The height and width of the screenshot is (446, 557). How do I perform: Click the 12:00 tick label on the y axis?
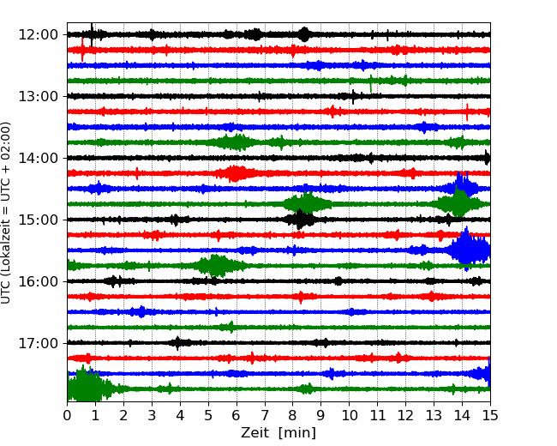[38, 35]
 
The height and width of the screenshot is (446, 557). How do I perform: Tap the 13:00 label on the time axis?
[38, 96]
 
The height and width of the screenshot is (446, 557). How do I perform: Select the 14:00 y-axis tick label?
[38, 158]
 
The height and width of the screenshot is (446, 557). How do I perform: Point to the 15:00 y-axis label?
[38, 220]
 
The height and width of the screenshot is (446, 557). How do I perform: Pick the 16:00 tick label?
[38, 281]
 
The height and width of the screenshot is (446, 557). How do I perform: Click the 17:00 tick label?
[38, 343]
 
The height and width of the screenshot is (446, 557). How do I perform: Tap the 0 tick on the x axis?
[67, 415]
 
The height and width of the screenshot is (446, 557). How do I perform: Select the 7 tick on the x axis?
[264, 415]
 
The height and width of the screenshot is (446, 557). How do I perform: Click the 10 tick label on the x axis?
[349, 415]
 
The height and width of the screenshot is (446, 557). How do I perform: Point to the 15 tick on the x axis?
[490, 415]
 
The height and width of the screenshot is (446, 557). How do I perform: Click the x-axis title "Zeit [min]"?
[278, 433]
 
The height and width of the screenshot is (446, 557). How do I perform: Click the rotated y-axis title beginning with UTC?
[6, 213]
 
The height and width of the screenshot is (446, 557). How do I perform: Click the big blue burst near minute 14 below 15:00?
[468, 249]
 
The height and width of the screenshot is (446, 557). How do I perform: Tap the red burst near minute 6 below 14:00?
[235, 173]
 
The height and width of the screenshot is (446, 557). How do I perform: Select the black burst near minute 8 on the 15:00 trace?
[301, 220]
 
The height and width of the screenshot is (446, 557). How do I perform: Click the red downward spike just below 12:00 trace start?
[82, 50]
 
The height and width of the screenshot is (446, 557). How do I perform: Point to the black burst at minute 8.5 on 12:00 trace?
[304, 34]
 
